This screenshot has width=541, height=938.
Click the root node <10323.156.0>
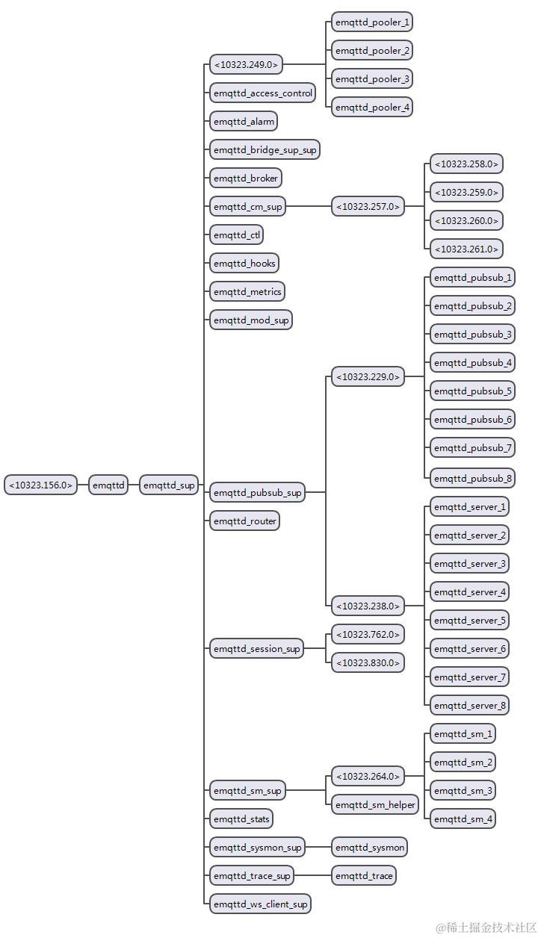pos(41,485)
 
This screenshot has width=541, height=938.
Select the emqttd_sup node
pos(169,485)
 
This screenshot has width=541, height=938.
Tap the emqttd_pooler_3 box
pos(372,79)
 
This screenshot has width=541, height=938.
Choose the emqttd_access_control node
pos(262,93)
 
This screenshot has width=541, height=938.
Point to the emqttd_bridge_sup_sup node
pos(265,150)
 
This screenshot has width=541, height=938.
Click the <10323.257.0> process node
pos(368,206)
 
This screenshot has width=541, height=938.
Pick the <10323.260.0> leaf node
pos(466,221)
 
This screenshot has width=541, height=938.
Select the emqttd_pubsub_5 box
pos(472,391)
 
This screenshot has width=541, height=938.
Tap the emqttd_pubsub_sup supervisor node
pos(257,493)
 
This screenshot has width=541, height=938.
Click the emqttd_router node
pos(244,521)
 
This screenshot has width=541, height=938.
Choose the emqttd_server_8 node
pos(469,705)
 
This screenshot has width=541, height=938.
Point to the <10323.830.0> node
pos(368,662)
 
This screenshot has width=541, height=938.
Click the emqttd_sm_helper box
pos(376,804)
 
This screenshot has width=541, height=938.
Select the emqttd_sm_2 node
pos(463,762)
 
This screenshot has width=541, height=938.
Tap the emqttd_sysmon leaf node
pos(369,848)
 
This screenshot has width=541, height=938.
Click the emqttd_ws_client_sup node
pos(260,904)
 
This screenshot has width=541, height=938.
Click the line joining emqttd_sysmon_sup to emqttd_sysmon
pos(318,848)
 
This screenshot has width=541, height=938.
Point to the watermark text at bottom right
pos(486,927)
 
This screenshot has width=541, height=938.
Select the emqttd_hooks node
pos(244,264)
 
